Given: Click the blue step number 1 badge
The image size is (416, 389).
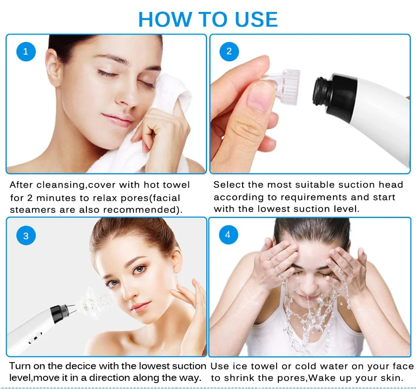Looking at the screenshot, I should (x=26, y=52).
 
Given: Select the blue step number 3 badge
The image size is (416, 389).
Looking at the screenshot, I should (x=26, y=236).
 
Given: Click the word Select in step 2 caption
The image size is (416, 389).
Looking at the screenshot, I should (x=228, y=185).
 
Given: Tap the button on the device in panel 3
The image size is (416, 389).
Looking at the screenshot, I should (x=32, y=341).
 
